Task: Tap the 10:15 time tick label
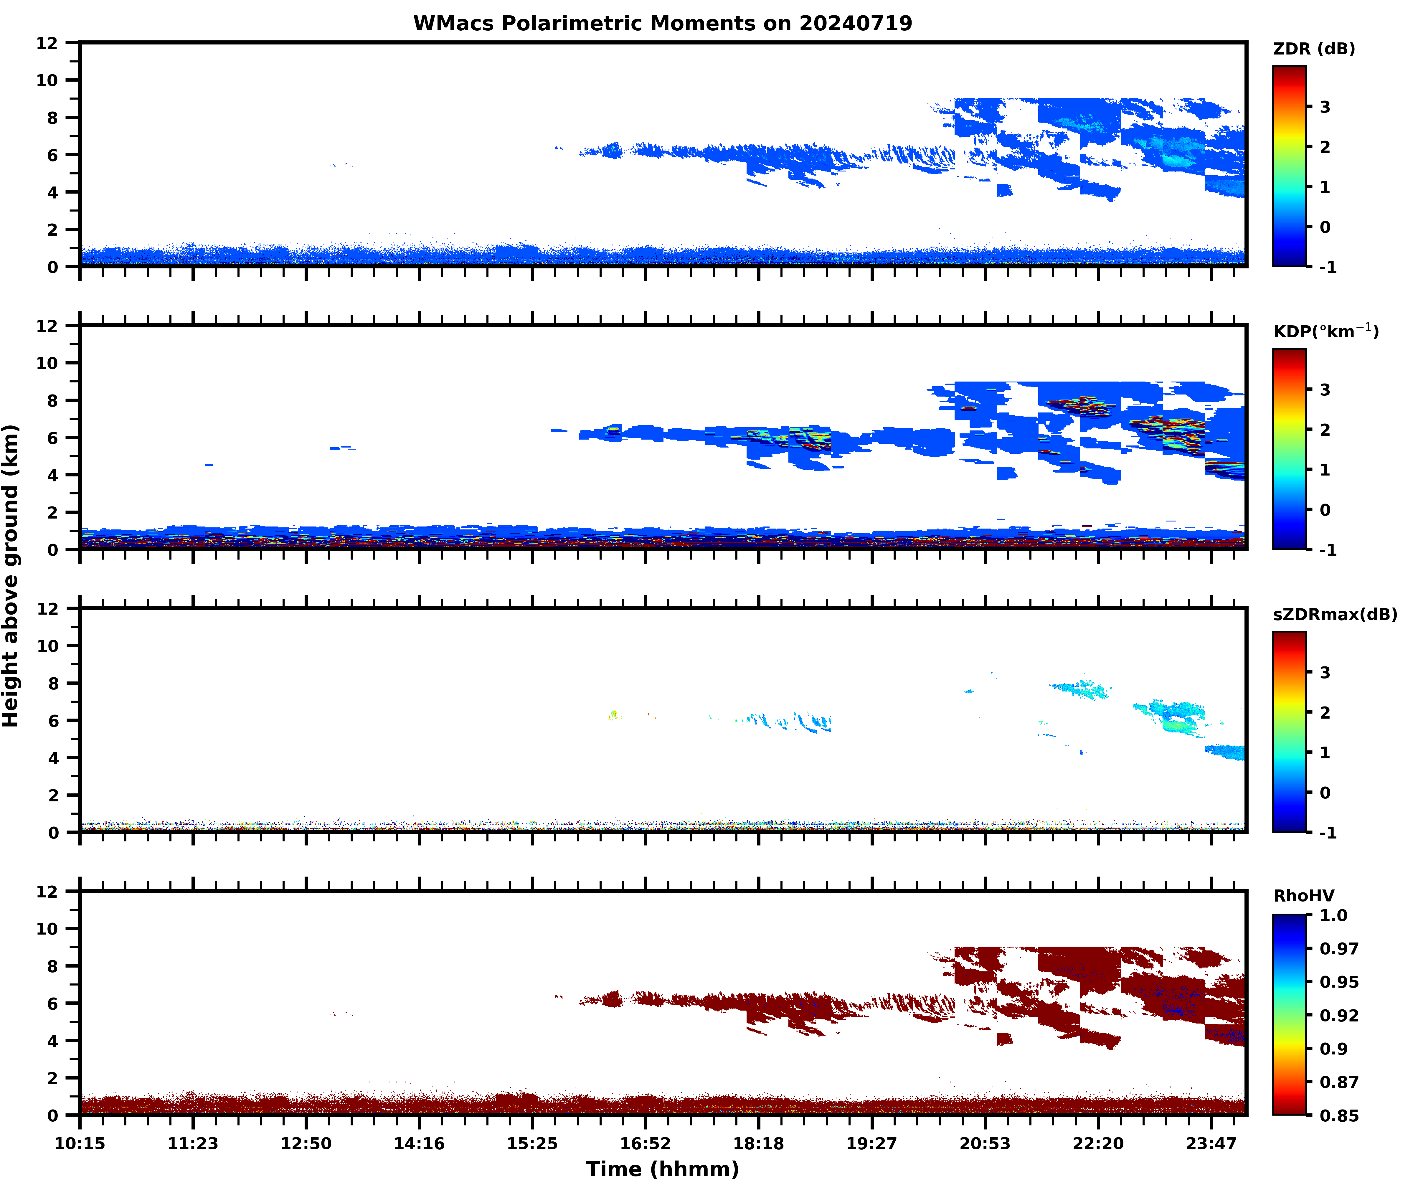coord(80,1143)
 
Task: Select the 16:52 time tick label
coord(645,1143)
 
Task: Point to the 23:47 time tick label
coord(1211,1143)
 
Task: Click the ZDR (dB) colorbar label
coord(1313,49)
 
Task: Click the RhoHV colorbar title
coord(1303,896)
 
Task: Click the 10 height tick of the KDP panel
coord(47,363)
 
